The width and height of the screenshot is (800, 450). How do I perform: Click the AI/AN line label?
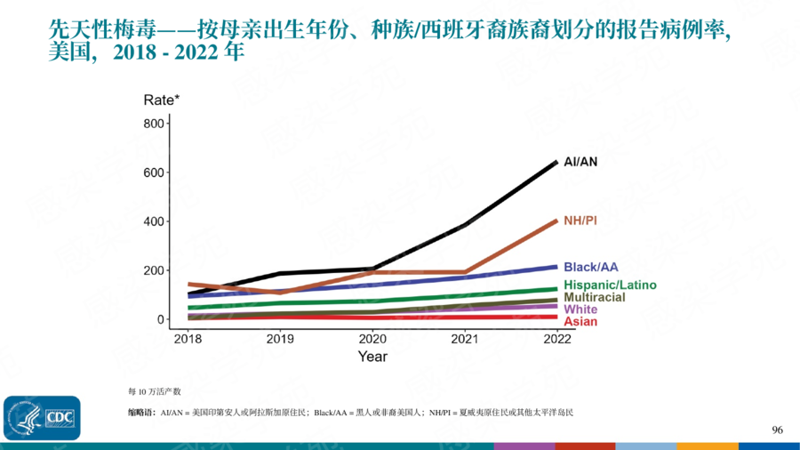point(581,162)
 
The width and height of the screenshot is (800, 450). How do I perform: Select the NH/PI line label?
point(580,220)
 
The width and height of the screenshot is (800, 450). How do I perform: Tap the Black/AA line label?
point(591,267)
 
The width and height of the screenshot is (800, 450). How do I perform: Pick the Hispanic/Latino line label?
point(610,285)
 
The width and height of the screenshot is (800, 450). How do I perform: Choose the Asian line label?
point(580,322)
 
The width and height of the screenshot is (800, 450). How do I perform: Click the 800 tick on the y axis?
point(155,124)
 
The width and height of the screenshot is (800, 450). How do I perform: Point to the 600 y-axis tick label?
point(155,173)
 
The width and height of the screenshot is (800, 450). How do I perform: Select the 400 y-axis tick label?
point(155,221)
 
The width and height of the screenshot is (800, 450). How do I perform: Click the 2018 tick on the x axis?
point(187,339)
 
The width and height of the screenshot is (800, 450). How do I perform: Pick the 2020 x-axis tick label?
point(372,339)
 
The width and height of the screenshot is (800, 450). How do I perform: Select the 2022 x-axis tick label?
point(557,339)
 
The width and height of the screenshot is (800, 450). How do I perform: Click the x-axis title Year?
point(372,357)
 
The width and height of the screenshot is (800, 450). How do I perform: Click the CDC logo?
point(42,417)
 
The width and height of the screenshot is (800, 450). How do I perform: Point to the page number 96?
point(778,430)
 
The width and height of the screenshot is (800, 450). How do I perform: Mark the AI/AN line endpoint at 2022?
point(556,162)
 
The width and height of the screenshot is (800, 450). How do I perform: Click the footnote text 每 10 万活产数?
point(154,391)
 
